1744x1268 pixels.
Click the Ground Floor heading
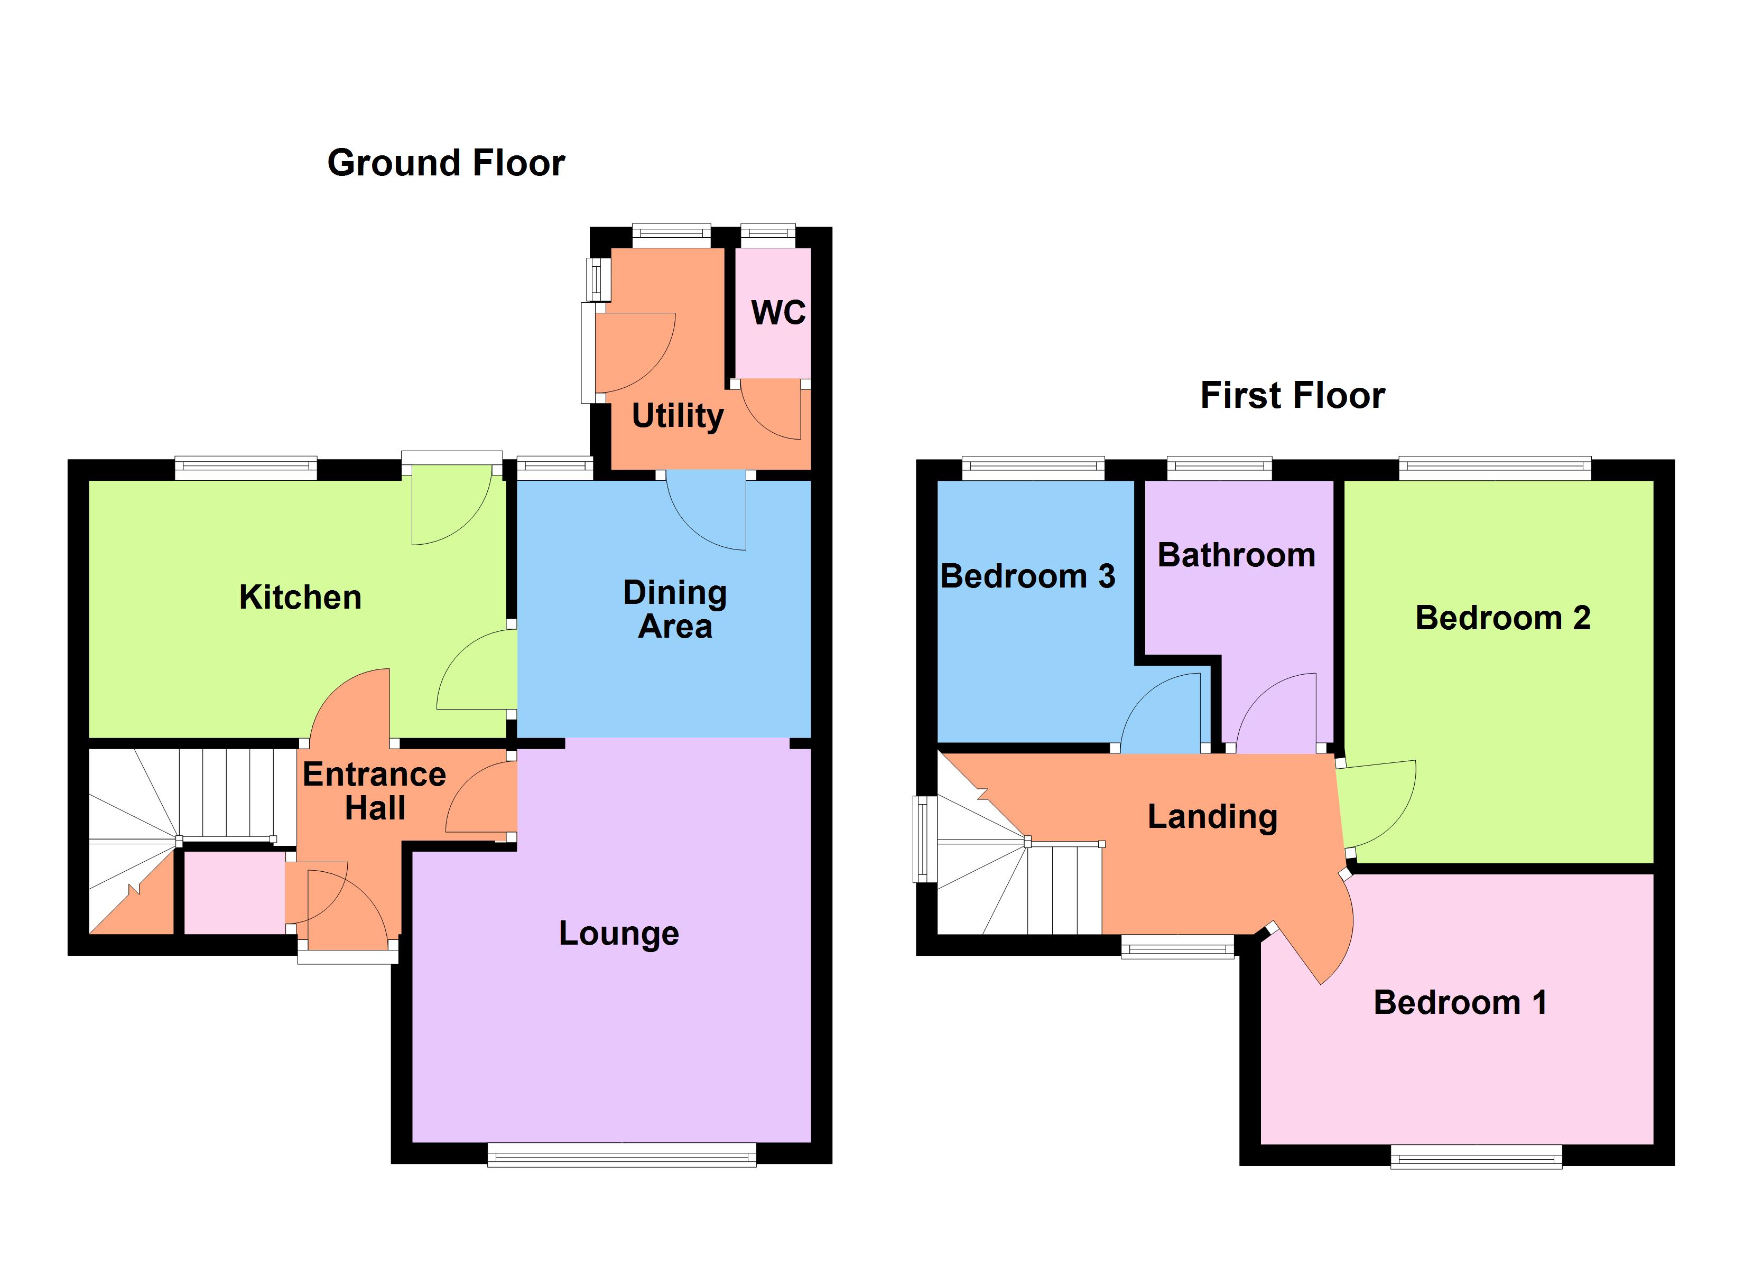(x=446, y=163)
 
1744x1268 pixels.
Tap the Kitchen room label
(x=300, y=598)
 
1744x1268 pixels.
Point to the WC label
(x=778, y=312)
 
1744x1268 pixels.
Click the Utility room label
(x=678, y=416)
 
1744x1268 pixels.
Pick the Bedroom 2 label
(x=1502, y=618)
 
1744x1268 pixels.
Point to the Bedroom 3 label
(x=1027, y=576)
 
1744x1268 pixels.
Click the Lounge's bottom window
(x=621, y=1154)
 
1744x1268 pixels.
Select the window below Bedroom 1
(x=1476, y=1157)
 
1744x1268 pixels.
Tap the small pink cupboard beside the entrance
(x=234, y=892)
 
